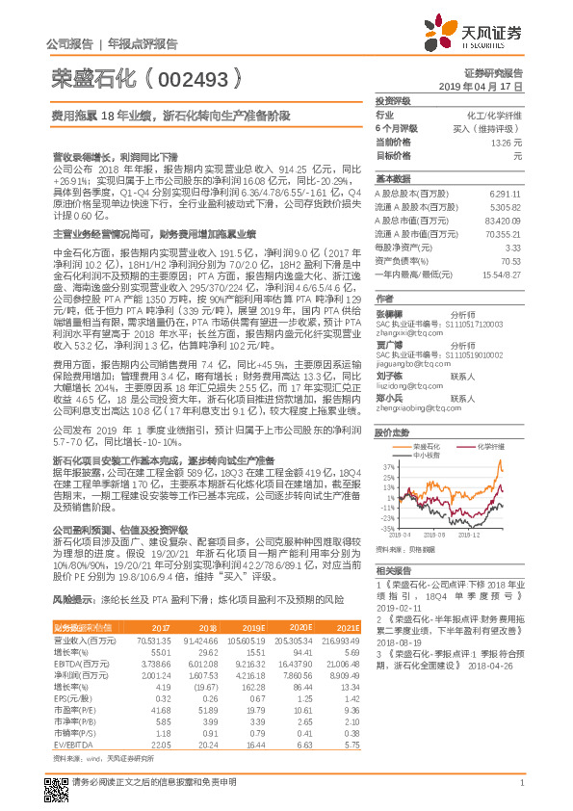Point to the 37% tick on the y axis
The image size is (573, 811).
(386, 466)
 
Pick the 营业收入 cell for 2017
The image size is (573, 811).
(155, 640)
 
